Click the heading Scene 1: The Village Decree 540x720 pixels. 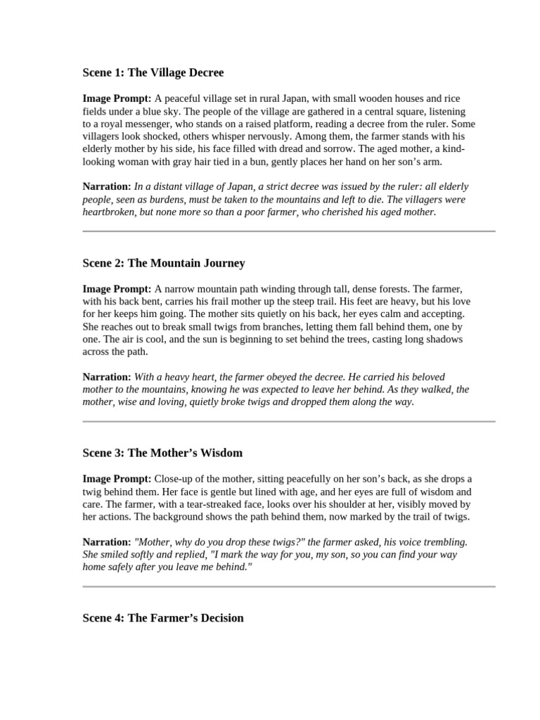(x=153, y=72)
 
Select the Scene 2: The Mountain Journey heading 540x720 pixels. (x=164, y=263)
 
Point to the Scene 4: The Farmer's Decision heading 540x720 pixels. (x=163, y=618)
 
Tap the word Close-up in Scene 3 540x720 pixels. (x=178, y=479)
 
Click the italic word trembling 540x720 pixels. (x=444, y=542)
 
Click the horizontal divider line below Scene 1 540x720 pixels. (x=289, y=231)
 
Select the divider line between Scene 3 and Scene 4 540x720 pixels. (x=289, y=586)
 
